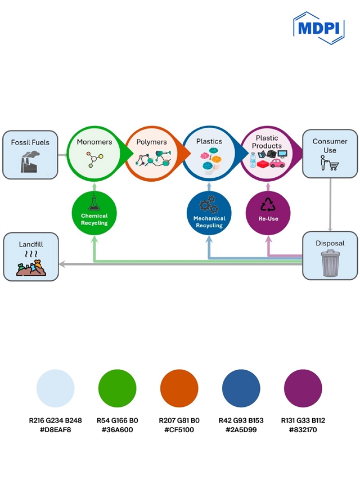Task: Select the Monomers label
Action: [x=94, y=142]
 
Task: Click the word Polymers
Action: [x=151, y=142]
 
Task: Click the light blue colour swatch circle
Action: [x=55, y=389]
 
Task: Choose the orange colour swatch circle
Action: [x=179, y=389]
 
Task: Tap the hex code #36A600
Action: [x=118, y=430]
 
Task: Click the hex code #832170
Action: [x=303, y=430]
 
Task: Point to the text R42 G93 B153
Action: [x=241, y=420]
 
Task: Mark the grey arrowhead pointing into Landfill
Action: [x=63, y=263]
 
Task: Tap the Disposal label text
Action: [x=330, y=244]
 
